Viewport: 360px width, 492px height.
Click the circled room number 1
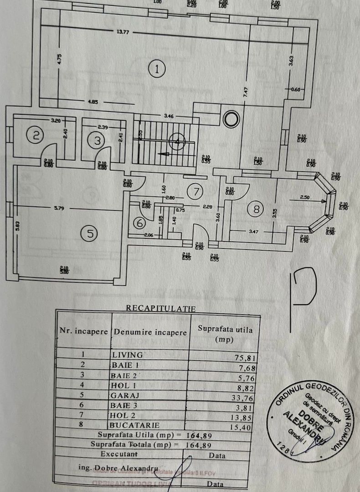coord(156,69)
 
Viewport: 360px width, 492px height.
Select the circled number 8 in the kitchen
coord(256,209)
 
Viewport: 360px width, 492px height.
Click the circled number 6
coord(140,223)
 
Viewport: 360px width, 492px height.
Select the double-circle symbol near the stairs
coord(231,119)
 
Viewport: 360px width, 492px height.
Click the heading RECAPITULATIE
coord(160,308)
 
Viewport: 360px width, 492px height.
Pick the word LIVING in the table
coord(128,354)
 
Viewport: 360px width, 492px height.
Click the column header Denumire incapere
coord(150,332)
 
